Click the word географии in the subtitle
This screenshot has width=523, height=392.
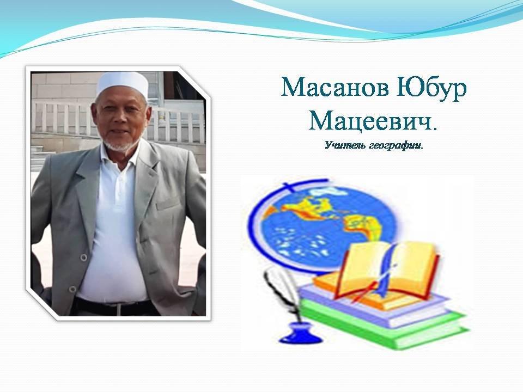click(395, 146)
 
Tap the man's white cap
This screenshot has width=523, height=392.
click(122, 82)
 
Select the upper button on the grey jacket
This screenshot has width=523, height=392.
click(83, 257)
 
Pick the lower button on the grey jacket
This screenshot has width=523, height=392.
click(72, 289)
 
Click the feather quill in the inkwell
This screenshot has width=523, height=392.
click(283, 293)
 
